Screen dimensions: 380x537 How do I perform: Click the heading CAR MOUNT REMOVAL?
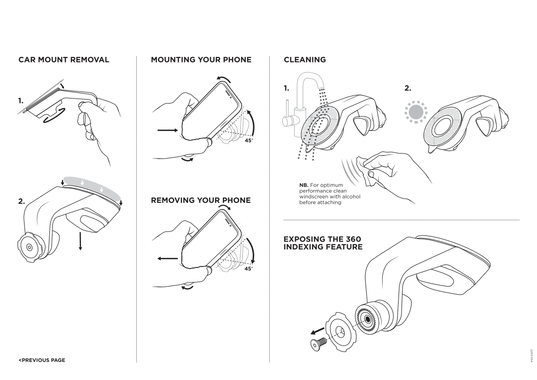pos(64,59)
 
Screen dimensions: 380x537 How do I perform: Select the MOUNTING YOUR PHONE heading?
pos(201,59)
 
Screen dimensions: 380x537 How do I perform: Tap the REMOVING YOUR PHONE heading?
pos(201,200)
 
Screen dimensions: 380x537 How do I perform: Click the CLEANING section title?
pos(305,59)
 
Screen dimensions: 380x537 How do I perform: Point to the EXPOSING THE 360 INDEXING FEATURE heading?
pos(322,243)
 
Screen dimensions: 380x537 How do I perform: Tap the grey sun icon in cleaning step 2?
pos(414,113)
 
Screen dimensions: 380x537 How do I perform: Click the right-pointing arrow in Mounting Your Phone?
pos(167,131)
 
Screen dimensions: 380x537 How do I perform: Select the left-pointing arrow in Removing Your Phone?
pos(167,259)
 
